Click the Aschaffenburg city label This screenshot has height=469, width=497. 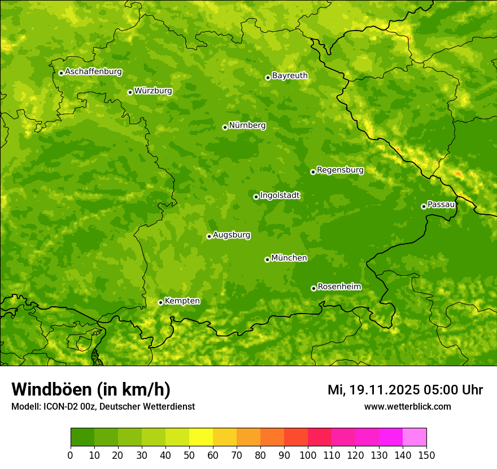(x=93, y=72)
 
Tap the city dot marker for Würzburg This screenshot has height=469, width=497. (x=130, y=92)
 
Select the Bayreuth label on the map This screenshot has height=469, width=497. (x=290, y=76)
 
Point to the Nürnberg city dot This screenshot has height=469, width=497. (x=225, y=127)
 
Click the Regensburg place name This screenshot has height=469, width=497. (x=340, y=170)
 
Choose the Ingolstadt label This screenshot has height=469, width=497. (x=280, y=196)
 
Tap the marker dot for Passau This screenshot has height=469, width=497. (x=424, y=206)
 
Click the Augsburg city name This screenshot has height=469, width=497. (x=231, y=235)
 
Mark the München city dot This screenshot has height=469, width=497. (x=267, y=259)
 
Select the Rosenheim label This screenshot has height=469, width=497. (x=339, y=287)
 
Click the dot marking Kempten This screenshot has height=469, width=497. (x=160, y=302)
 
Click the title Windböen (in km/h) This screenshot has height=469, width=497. (x=90, y=390)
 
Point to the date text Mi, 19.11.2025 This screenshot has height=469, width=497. (x=373, y=390)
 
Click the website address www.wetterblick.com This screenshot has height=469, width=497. (x=407, y=406)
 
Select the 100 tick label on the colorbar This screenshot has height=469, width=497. (x=308, y=455)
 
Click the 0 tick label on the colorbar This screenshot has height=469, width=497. (x=71, y=455)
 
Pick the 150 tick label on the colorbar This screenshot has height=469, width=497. (x=426, y=455)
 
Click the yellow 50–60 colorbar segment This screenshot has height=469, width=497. (x=201, y=437)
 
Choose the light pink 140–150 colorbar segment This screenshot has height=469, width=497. (x=415, y=437)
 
